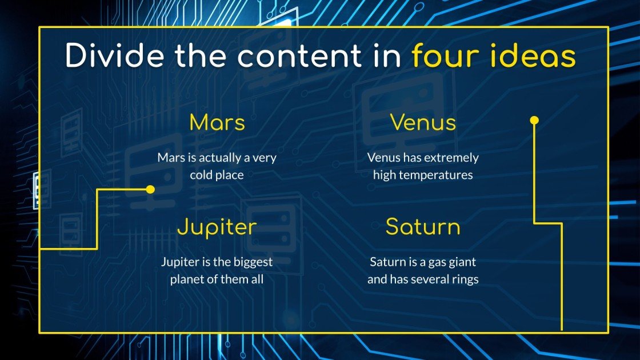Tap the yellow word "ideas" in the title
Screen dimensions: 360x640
tap(535, 56)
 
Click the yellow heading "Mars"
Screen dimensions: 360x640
tap(217, 122)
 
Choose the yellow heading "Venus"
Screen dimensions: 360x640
tap(423, 122)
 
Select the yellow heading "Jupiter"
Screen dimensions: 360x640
tap(217, 227)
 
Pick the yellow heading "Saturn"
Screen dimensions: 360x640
tap(423, 227)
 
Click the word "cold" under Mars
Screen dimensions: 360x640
tap(202, 175)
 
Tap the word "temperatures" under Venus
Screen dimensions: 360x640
tap(436, 175)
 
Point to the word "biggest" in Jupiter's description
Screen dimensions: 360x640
tap(253, 262)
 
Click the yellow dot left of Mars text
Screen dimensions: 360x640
tap(150, 189)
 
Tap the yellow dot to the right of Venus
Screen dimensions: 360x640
tap(534, 121)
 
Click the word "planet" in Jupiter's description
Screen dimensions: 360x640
tap(187, 280)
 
